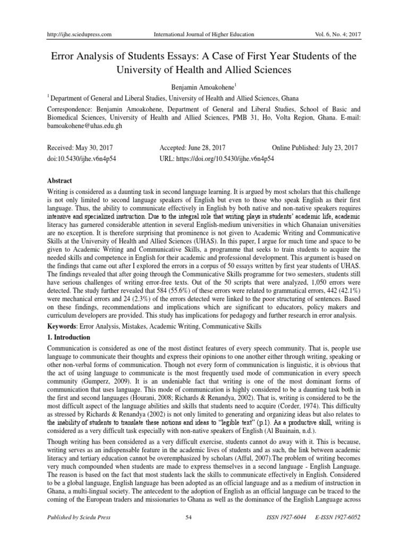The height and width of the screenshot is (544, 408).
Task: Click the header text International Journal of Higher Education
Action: point(203,35)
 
